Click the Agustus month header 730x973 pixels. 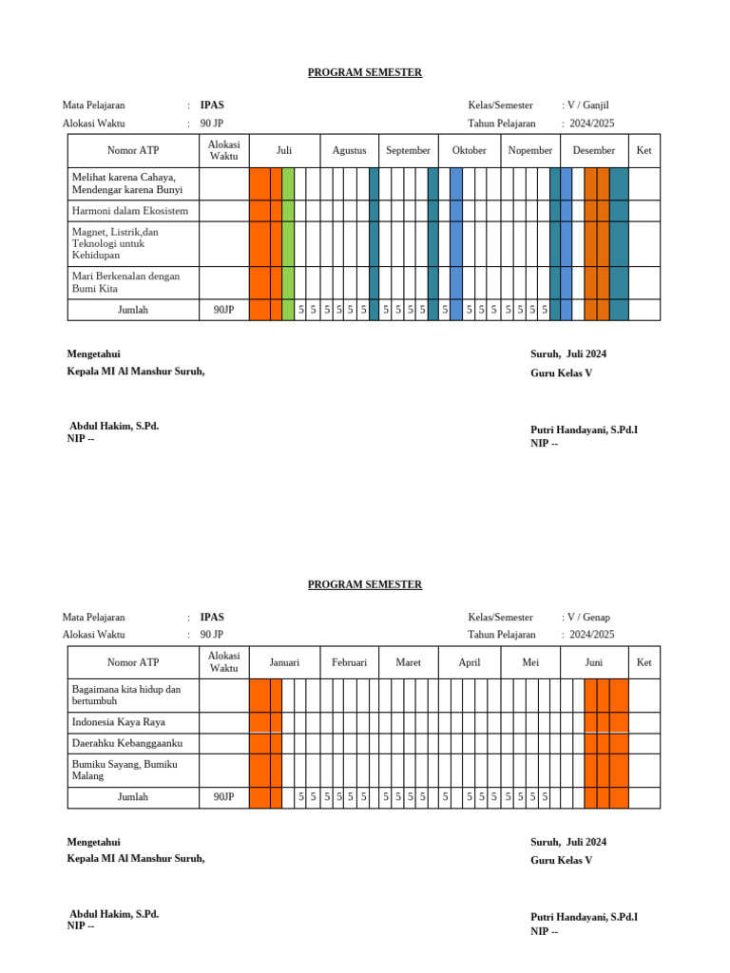coord(349,151)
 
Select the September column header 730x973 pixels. coord(408,151)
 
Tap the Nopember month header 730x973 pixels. coord(529,151)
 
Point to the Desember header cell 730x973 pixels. coord(593,151)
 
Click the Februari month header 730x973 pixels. coord(349,663)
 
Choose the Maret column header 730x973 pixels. coord(408,663)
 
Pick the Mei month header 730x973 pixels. coord(529,663)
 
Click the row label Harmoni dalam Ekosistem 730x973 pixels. coord(130,211)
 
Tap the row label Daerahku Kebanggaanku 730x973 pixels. coord(127,743)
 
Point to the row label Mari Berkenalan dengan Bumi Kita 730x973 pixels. coord(125,282)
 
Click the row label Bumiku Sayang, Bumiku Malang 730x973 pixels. coord(125,770)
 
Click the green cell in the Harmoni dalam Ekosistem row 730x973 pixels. coord(288,211)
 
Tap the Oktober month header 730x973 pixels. coord(469,151)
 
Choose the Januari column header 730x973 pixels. coord(284,663)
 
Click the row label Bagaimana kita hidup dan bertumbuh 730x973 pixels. coord(125,695)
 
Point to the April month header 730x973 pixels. coord(469,663)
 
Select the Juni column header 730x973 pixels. coord(593,663)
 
